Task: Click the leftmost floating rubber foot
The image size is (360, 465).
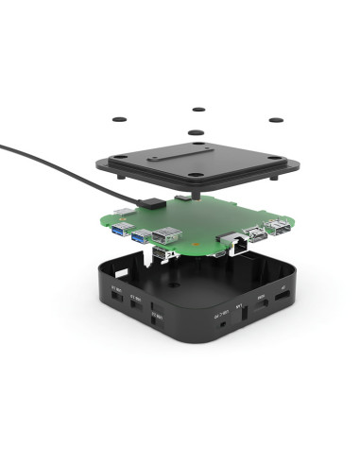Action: [x=120, y=120]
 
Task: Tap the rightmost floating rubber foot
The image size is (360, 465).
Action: [x=276, y=121]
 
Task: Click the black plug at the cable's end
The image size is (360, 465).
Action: [x=149, y=202]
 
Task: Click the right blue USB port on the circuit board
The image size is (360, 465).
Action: [x=139, y=236]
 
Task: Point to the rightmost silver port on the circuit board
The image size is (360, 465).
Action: [x=279, y=227]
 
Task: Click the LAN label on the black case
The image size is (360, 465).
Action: [x=239, y=304]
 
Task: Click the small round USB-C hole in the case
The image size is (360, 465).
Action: [x=221, y=320]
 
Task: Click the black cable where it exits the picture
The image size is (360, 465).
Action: [x=2, y=145]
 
